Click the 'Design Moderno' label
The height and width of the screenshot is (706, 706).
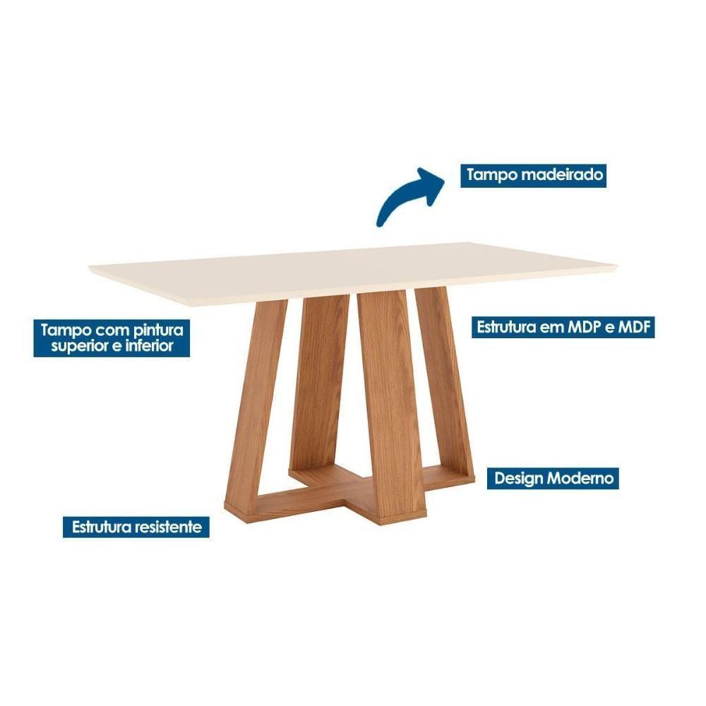[554, 478]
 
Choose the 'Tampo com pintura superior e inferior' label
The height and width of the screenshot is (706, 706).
[112, 337]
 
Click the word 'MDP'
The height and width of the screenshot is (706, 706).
[587, 327]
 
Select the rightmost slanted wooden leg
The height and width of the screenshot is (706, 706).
[445, 381]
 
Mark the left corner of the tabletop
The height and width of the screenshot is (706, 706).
[92, 269]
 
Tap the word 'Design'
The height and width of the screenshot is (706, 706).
[519, 478]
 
